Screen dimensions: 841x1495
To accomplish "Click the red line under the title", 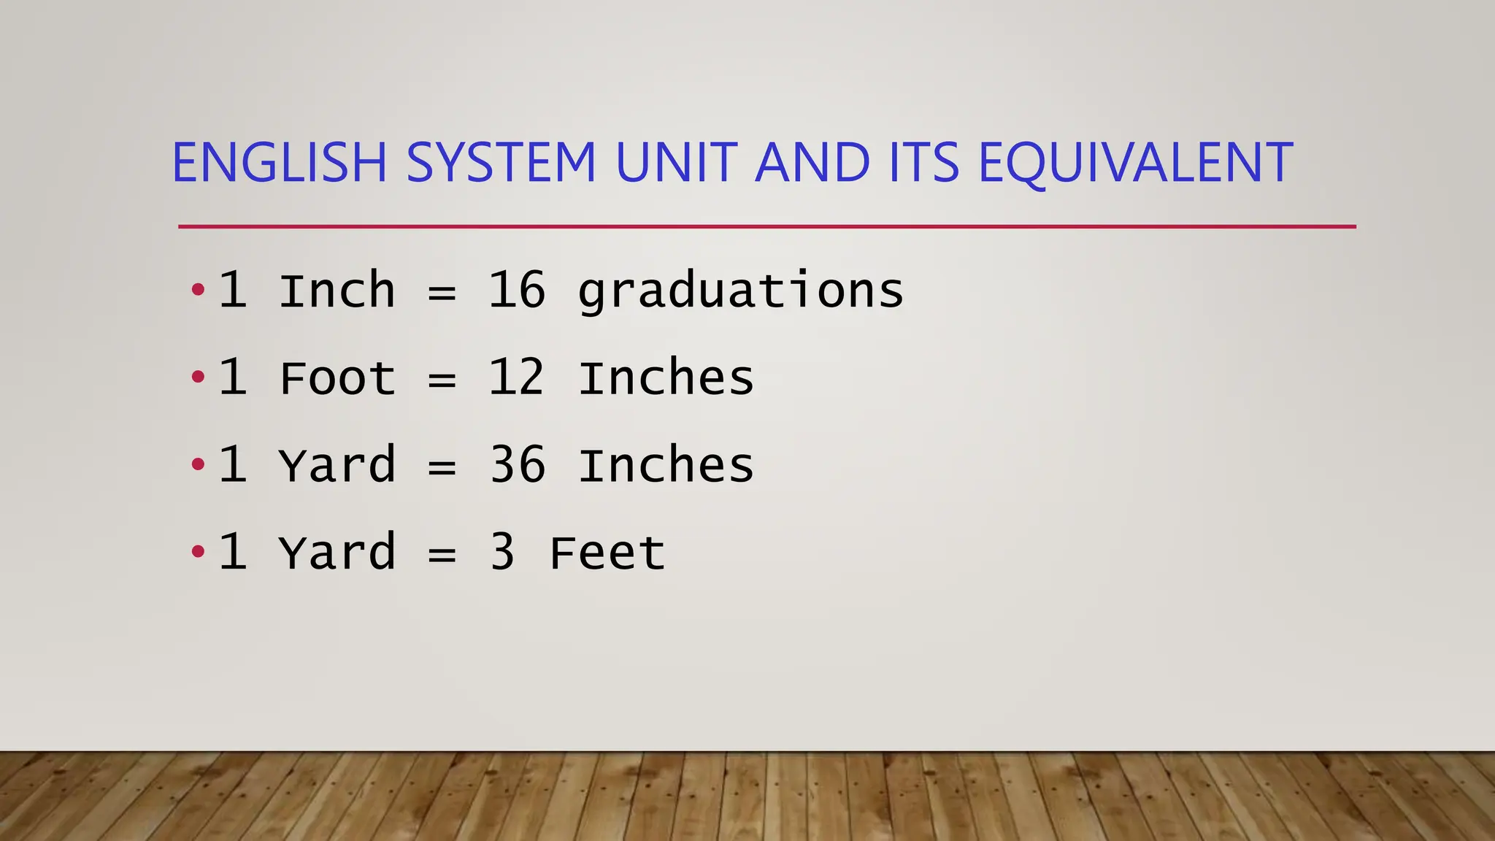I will pos(766,227).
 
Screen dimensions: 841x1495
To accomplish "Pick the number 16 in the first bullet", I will pos(517,291).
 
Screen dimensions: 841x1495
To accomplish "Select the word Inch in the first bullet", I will pos(337,291).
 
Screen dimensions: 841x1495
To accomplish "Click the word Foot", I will pos(337,378).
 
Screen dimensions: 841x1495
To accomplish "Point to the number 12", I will pos(517,378).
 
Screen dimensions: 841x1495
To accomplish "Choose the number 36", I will pos(517,465).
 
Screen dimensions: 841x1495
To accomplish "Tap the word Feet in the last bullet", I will pos(607,553).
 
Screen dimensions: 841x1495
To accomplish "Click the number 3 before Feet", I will pos(502,553).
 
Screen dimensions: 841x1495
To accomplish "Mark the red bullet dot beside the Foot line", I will pos(198,377).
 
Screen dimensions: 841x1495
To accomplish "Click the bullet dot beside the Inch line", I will pos(198,290).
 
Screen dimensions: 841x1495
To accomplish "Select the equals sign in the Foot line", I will pos(442,380).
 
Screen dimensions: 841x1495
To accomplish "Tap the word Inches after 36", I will pos(666,465).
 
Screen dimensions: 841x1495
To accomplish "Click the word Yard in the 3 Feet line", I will pos(337,553).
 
